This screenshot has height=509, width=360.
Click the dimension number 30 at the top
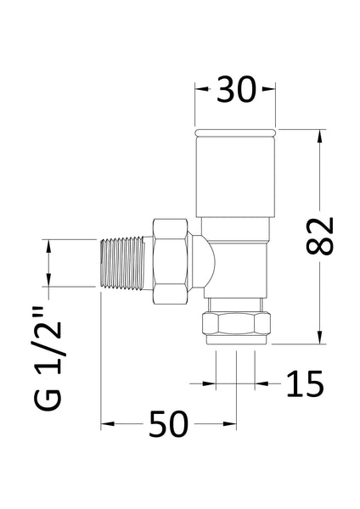point(235,89)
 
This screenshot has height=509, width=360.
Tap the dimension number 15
point(305,384)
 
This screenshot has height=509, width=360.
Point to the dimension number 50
point(169,423)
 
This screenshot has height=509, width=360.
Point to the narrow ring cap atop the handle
point(236,132)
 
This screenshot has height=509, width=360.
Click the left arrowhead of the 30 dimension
point(200,88)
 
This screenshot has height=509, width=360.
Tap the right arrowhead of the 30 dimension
point(272,88)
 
